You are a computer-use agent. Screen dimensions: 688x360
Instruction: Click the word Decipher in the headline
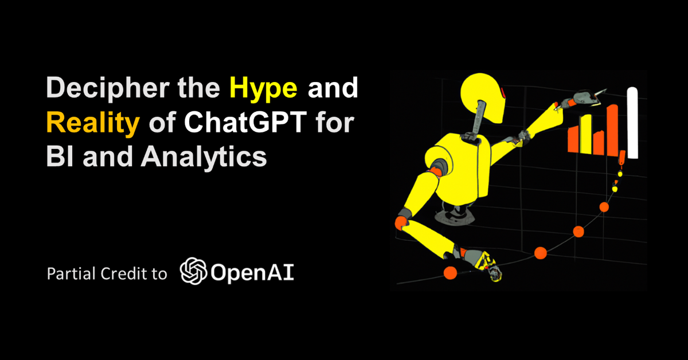click(x=108, y=89)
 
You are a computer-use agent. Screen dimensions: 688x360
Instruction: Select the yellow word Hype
click(x=264, y=89)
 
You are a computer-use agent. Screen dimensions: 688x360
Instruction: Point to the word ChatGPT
click(x=245, y=122)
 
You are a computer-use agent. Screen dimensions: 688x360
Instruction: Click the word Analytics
click(x=204, y=157)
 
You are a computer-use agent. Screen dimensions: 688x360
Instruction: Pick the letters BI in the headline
click(x=60, y=156)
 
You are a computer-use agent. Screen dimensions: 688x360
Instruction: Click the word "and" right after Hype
click(x=333, y=88)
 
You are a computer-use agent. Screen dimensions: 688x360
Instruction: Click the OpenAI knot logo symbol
click(x=193, y=271)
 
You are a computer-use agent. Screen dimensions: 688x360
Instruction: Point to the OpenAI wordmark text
click(x=252, y=273)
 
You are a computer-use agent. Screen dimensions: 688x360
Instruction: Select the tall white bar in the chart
click(x=632, y=123)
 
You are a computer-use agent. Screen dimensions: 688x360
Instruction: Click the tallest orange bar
click(x=613, y=130)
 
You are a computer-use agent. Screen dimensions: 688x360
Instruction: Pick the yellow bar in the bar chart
click(x=586, y=134)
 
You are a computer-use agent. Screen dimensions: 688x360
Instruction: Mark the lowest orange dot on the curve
click(x=450, y=273)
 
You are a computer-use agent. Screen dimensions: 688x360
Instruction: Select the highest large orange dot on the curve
click(x=604, y=207)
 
